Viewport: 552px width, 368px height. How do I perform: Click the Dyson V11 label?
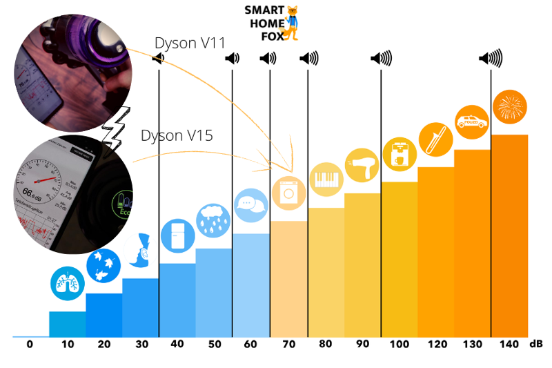click(x=190, y=43)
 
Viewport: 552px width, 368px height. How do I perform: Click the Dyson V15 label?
click(x=177, y=135)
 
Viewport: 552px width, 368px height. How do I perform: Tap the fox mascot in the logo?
click(x=293, y=22)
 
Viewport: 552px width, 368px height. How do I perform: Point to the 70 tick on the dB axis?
click(x=288, y=344)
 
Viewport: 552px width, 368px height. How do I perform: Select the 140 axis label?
click(x=509, y=344)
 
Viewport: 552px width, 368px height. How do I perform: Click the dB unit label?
click(x=535, y=344)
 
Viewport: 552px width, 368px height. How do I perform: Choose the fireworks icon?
click(x=510, y=107)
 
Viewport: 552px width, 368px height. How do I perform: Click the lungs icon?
click(x=67, y=284)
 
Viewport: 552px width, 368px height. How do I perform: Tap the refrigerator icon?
click(x=177, y=237)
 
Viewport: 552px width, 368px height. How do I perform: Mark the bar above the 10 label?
click(x=68, y=325)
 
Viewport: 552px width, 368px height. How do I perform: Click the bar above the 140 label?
click(x=509, y=235)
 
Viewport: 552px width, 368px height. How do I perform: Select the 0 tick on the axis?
click(x=30, y=344)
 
